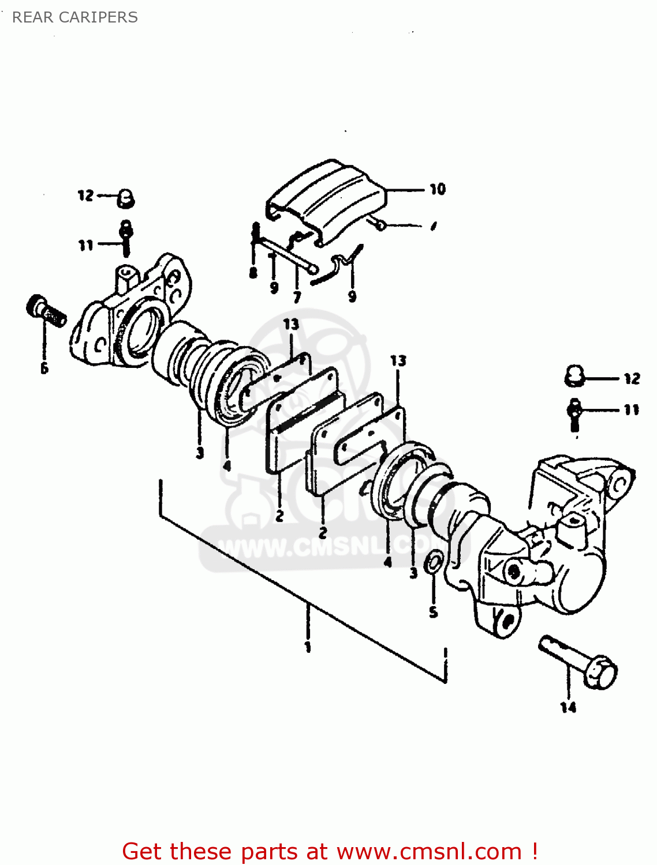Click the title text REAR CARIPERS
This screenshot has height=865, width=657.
coord(75,17)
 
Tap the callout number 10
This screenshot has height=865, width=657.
coord(438,189)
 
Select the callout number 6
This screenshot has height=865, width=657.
coord(44,368)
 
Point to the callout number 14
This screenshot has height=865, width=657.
coord(568,707)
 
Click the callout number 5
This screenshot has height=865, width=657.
coord(434,612)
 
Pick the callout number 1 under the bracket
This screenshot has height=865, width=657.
coord(308,646)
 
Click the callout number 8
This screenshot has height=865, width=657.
coord(253,272)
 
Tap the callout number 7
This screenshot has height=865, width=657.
coord(297,298)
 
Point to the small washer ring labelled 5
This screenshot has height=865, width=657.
coord(434,562)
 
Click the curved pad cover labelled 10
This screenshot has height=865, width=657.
coord(326,199)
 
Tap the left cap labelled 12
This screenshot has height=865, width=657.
coord(125,198)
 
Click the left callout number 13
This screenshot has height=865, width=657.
coord(291,324)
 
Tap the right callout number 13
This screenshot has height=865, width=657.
coord(398,361)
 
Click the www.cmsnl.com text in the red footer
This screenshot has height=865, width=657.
coord(429,851)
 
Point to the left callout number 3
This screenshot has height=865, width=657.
coord(200,452)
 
